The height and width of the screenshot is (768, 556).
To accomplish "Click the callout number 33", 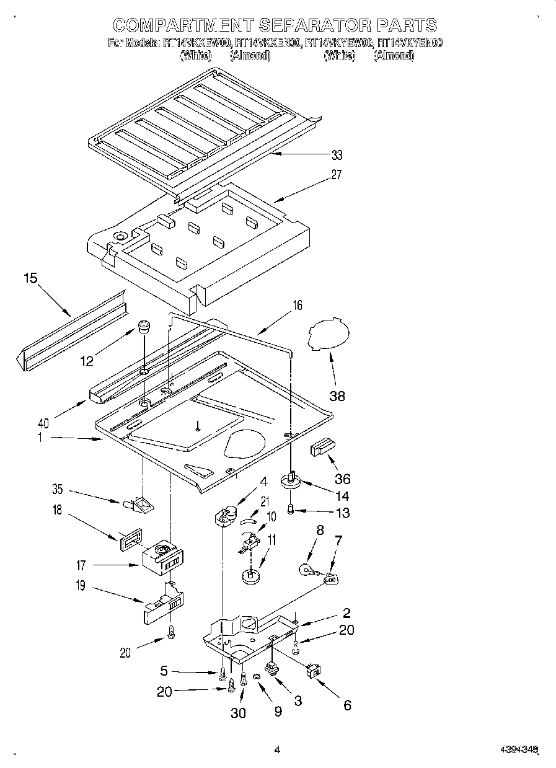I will tap(337, 155).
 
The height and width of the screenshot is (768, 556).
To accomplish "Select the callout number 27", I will tap(336, 175).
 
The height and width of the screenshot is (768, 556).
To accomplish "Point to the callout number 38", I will tap(337, 396).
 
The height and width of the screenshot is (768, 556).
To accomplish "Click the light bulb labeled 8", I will tap(306, 568).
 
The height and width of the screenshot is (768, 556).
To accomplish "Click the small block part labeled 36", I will tap(322, 446).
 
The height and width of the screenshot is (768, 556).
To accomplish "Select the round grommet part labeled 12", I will tap(144, 327).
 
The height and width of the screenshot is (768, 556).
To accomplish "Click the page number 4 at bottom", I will tap(278, 749).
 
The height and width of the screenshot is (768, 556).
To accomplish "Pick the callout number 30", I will tap(238, 713).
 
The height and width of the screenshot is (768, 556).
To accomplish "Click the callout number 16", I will tap(298, 305).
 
